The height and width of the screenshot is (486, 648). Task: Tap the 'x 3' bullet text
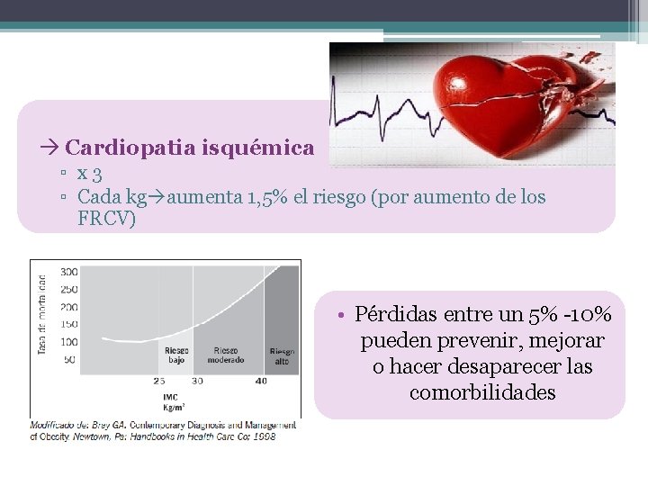point(88,173)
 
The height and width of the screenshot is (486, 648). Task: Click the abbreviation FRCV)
point(106,219)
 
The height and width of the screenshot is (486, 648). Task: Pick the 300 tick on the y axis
point(68,271)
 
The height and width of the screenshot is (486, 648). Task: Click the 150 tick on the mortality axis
point(68,324)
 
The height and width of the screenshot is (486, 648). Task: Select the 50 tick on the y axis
point(71,359)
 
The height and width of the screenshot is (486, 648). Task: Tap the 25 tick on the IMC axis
point(159,381)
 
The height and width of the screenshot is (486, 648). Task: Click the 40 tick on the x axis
point(261,381)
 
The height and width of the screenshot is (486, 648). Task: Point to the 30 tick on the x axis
point(197,381)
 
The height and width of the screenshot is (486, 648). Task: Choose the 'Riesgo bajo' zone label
point(175,354)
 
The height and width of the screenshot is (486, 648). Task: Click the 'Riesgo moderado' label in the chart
point(226,354)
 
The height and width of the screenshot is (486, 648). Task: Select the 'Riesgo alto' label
point(282,355)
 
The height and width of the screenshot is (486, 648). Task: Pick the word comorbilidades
point(482,393)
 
